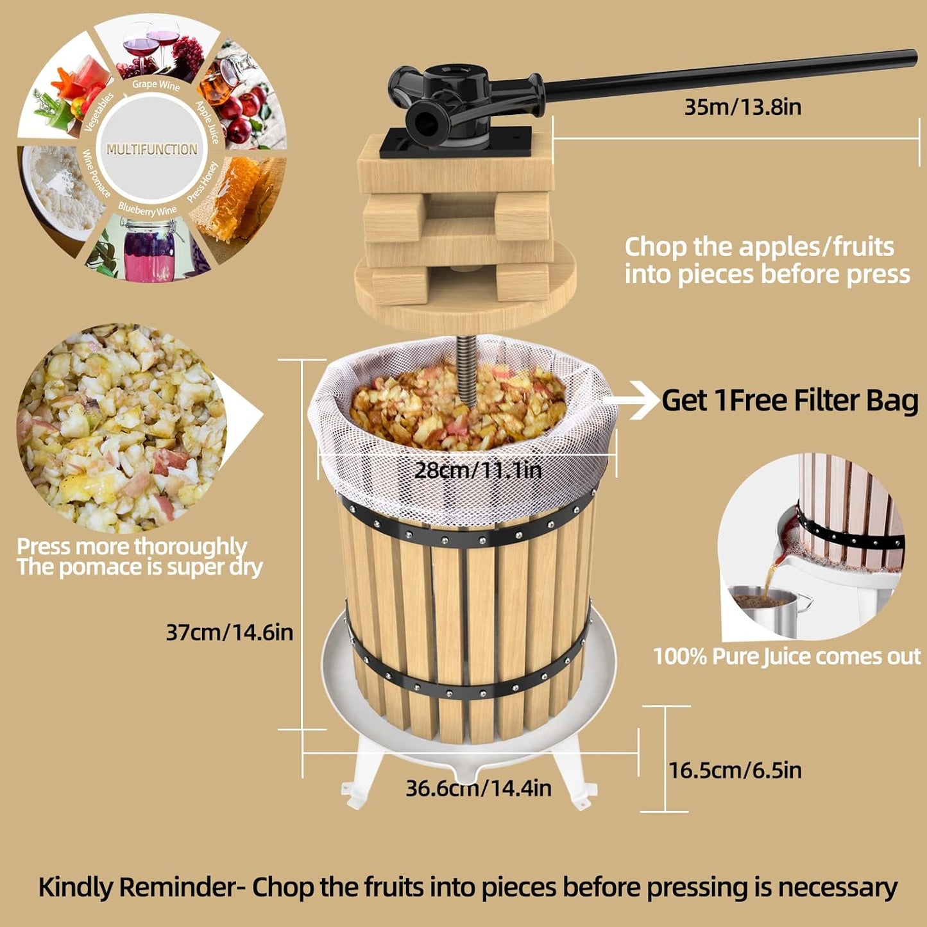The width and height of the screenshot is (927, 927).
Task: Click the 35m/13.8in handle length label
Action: coord(742,106)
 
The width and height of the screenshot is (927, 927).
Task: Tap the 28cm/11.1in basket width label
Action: coord(478,470)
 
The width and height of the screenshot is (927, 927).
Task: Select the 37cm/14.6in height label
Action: coord(229,633)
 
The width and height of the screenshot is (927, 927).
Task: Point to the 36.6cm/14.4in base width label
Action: coord(478,788)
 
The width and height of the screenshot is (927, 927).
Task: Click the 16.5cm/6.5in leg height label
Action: coord(735,770)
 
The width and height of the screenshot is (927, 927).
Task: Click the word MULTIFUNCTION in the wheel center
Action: coord(152,149)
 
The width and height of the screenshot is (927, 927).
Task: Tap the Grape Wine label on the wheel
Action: coord(156,85)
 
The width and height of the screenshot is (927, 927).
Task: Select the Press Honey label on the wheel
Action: coord(203,182)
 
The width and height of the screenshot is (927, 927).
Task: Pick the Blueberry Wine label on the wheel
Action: coord(147,209)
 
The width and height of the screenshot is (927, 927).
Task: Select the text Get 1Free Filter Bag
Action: coord(790,400)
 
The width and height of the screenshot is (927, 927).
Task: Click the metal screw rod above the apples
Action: coord(466,369)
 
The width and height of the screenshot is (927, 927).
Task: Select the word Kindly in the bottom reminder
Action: coord(77,887)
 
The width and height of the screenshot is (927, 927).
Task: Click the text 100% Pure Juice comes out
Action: coord(787,656)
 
